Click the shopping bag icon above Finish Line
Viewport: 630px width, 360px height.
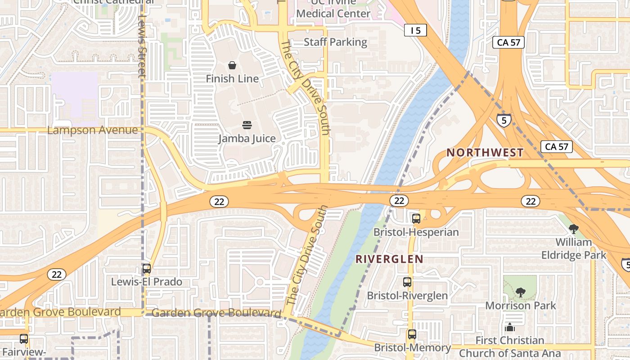point(232,66)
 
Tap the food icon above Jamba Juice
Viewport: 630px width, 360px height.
point(247,125)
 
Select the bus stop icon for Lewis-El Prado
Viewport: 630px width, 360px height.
point(147,269)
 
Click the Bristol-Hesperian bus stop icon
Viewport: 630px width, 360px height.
point(416,219)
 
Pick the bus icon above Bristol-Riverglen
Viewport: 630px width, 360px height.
point(407,282)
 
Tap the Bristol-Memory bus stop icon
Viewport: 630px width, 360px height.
point(412,334)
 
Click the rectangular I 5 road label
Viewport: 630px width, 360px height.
point(415,30)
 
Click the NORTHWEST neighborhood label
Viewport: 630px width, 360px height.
point(485,153)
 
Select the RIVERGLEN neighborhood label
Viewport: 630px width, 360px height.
point(389,259)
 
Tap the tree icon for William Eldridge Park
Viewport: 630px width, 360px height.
point(573,229)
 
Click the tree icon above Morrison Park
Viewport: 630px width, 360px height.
point(520,292)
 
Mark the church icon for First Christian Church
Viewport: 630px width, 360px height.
point(509,327)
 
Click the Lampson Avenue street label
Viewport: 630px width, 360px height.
point(93,130)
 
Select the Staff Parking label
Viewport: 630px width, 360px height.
point(335,42)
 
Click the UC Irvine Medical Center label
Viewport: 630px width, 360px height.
point(333,9)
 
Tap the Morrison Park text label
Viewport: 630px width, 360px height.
point(520,306)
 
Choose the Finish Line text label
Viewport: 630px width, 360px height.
point(232,79)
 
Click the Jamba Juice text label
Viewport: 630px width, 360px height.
point(247,138)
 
